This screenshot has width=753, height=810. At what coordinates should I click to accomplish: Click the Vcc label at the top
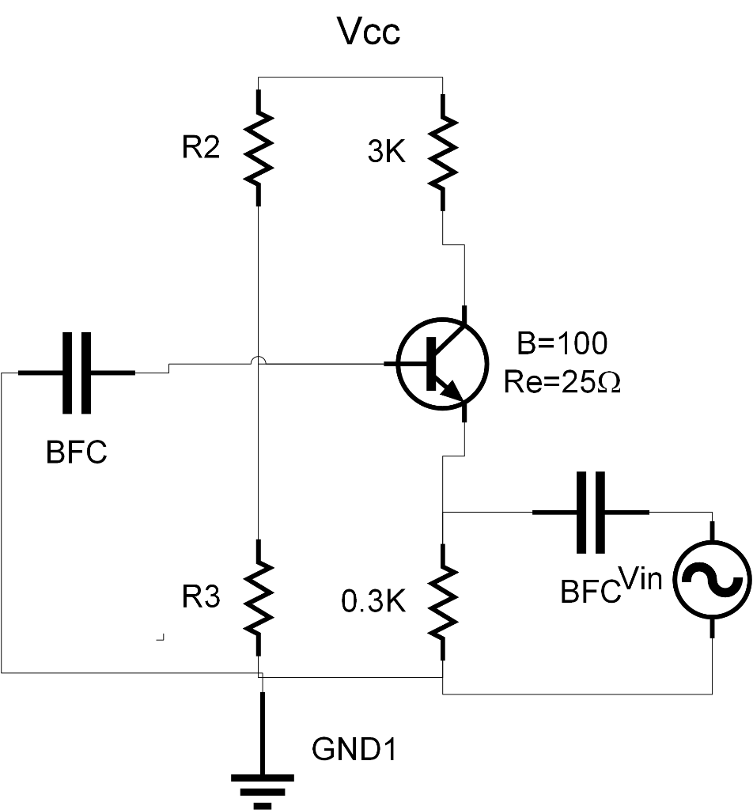369,32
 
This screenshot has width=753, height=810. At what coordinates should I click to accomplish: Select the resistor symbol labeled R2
259,147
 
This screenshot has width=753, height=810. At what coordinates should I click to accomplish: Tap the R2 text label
201,148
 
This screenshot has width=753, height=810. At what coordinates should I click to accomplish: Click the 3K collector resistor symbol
443,152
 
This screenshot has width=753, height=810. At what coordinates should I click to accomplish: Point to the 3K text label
387,153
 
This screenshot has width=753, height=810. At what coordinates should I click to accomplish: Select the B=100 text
562,343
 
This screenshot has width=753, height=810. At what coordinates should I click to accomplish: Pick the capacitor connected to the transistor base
77,372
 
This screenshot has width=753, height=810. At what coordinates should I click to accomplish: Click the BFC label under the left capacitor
77,454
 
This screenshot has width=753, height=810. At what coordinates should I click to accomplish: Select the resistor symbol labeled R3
259,597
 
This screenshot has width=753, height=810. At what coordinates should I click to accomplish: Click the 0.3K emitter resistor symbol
443,601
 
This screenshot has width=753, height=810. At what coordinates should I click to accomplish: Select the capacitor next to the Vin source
591,512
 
